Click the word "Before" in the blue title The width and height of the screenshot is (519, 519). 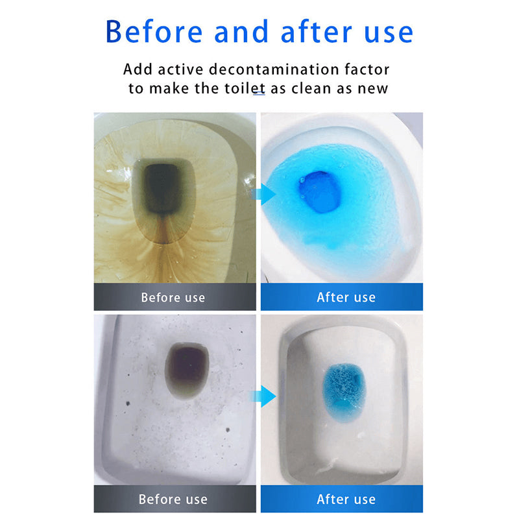154,32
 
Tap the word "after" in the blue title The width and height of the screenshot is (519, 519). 317,32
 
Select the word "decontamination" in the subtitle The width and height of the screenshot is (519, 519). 273,69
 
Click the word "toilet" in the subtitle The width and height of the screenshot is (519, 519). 245,88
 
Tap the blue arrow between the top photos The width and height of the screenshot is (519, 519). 263,194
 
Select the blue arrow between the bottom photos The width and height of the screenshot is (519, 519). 263,396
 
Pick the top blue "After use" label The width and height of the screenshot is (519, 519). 342,297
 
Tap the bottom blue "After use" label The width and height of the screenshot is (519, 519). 342,499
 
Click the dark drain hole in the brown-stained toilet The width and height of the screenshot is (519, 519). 163,188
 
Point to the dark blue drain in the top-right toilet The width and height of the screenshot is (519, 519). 320,192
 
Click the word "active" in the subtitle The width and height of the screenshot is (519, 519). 180,69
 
